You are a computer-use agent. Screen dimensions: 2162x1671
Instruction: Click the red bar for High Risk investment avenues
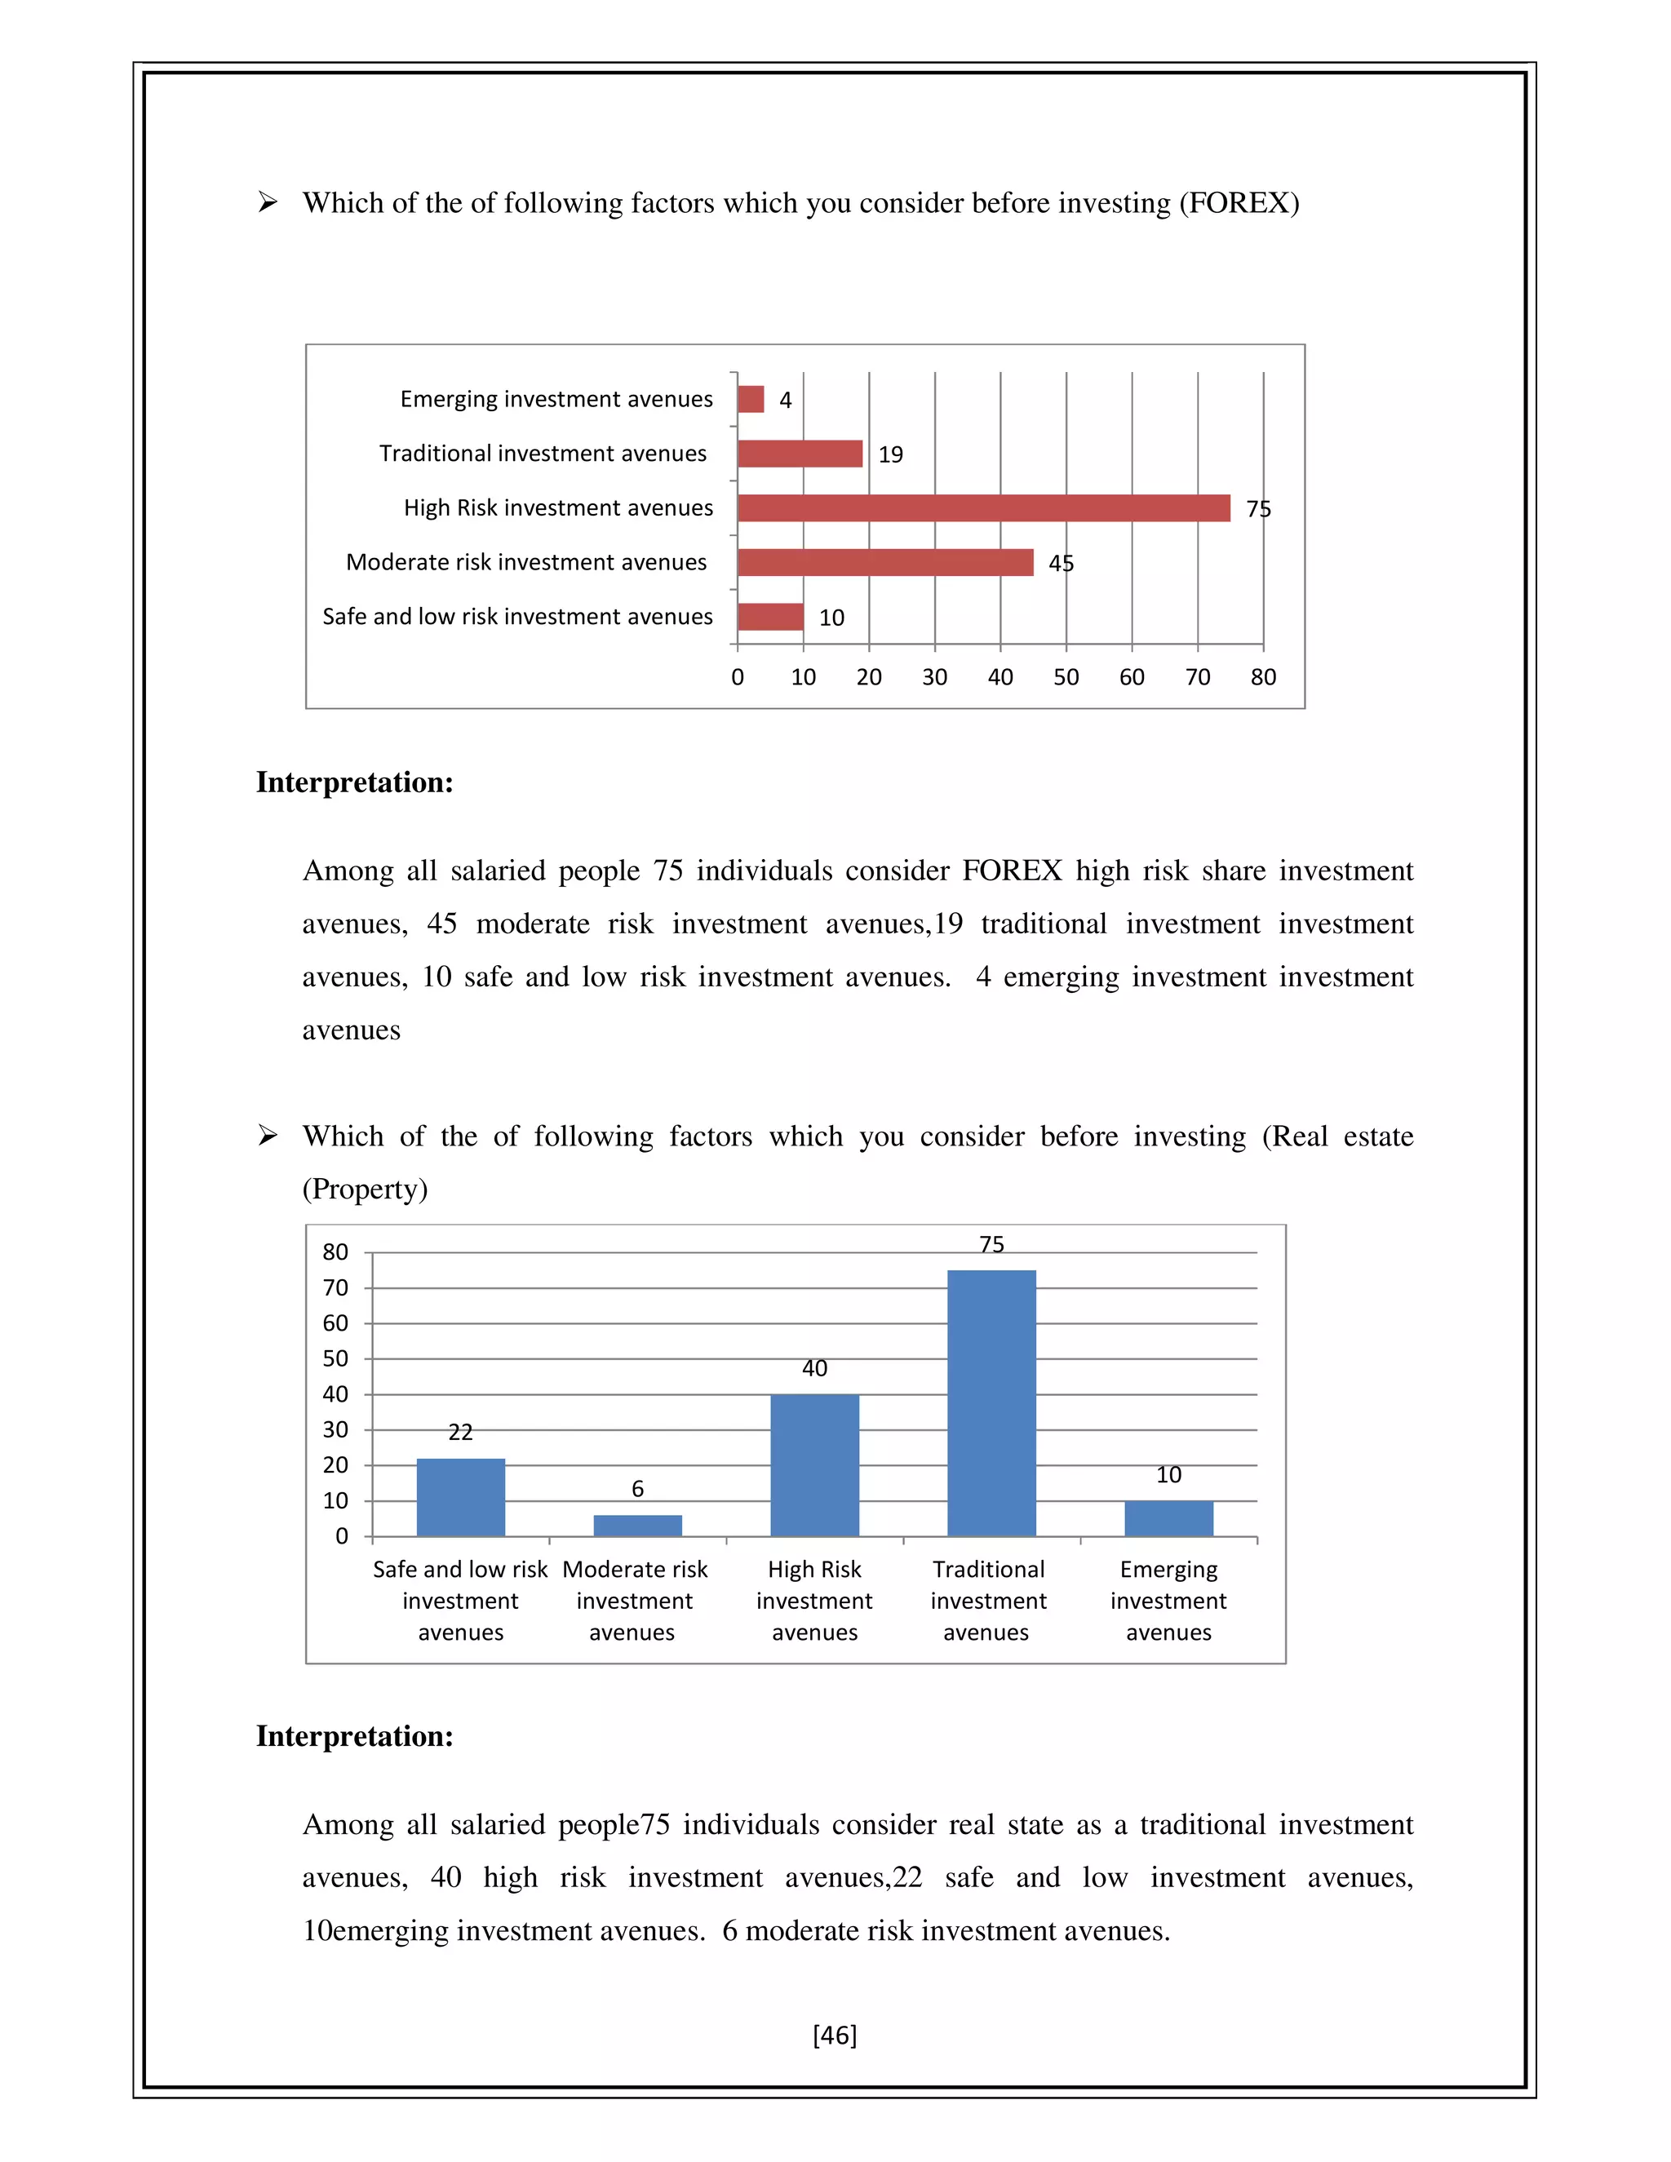[983, 507]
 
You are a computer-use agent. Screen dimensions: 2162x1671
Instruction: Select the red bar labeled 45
[885, 562]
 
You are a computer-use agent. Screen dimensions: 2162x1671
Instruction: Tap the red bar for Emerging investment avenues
[751, 399]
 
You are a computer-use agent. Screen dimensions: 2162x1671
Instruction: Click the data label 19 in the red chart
[890, 454]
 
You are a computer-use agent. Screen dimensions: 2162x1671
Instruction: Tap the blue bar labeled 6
[636, 1525]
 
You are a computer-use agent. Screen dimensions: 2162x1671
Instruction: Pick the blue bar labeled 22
[460, 1497]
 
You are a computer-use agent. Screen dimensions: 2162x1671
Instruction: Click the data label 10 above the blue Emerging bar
[1168, 1475]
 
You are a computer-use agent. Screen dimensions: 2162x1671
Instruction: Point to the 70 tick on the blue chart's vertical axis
[335, 1288]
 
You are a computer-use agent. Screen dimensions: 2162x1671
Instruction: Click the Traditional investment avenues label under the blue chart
[987, 1600]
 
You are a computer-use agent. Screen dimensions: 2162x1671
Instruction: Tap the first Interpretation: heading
[354, 782]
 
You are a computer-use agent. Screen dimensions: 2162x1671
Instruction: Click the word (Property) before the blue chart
[364, 1188]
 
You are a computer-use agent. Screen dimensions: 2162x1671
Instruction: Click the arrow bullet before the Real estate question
[268, 1136]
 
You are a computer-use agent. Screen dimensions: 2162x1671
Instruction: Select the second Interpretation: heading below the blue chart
[354, 1735]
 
